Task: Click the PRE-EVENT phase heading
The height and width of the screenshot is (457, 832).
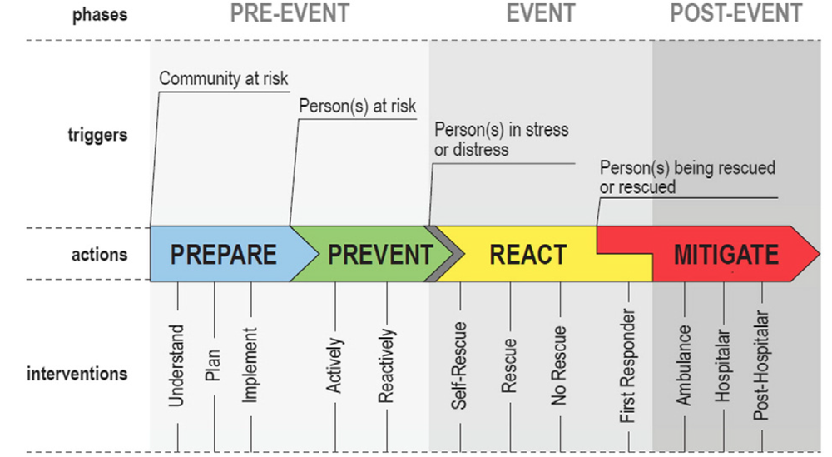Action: pos(289,14)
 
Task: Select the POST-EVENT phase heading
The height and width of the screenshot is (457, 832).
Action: pos(736,14)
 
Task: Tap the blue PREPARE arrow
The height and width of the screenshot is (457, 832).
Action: pos(222,254)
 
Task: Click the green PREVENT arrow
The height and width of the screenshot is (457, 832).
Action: pos(380,254)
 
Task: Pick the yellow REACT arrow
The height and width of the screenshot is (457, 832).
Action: pos(527,254)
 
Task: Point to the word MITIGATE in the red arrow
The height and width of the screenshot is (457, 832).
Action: pos(726,254)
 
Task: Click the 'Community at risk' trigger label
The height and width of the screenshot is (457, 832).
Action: pos(223,79)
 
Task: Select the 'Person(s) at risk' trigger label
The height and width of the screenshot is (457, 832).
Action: pos(357,107)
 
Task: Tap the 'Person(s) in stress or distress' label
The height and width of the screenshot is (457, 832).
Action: pos(501,139)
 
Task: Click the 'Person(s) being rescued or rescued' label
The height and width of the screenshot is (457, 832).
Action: pos(687,177)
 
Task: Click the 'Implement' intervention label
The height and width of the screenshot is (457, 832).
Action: pos(251,365)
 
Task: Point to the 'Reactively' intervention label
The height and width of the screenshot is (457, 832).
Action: pos(386,366)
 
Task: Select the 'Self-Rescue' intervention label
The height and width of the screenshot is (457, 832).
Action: pos(459,365)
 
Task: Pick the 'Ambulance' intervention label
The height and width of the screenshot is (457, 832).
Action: pos(684,365)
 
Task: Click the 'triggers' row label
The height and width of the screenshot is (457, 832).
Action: pos(99,133)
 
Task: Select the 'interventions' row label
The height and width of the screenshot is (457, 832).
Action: pos(78,373)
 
